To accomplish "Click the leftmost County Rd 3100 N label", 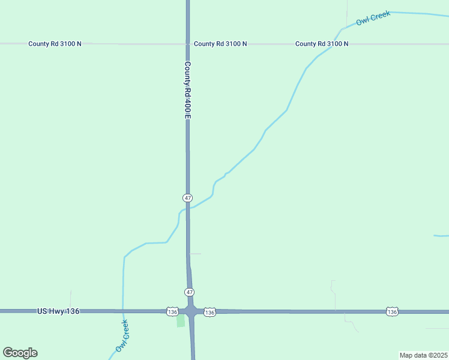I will pos(55,44).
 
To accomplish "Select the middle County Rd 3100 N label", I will pos(220,44).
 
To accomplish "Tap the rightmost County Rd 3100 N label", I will pos(322,44).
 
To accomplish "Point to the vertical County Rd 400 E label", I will pos(187,89).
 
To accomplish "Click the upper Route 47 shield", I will pos(188,197).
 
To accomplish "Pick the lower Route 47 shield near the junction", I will pos(189,292).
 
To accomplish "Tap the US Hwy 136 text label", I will pos(58,311).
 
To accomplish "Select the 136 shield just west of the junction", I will pos(172,311).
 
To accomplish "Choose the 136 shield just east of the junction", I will pos(209,312).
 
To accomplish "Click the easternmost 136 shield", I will pos(392,311).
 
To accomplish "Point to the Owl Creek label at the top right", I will pos(373,18).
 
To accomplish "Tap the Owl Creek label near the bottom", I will pos(122,336).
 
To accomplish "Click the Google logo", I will pos(20,353).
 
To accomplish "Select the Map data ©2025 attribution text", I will pos(423,355).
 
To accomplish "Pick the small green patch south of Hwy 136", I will pos(181,321).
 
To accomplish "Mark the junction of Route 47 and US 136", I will pos(191,311).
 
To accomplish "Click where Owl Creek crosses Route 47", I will pos(188,208).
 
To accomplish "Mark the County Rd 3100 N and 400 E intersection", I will pos(187,44).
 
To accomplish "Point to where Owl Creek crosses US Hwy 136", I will pos(123,311).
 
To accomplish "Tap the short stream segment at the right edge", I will pos(441,236).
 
